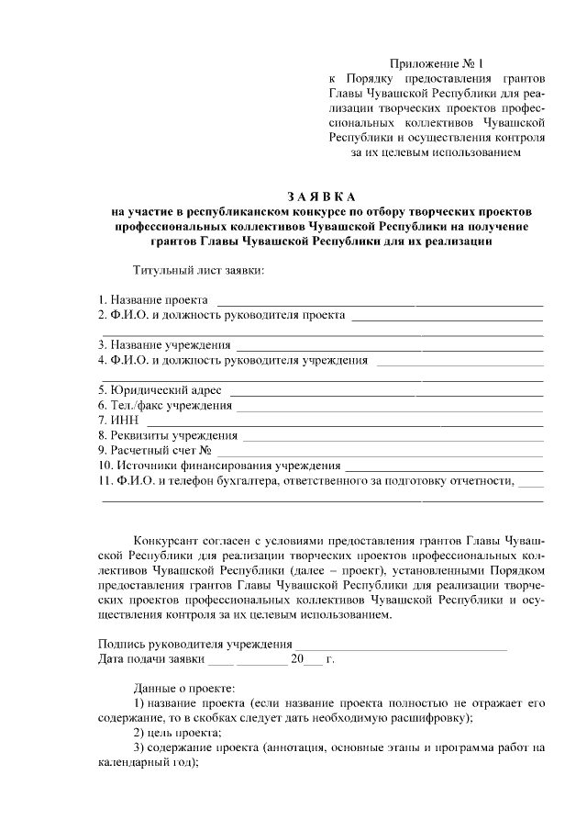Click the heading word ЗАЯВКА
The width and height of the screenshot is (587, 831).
(x=319, y=197)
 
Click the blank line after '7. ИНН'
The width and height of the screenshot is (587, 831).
(x=339, y=421)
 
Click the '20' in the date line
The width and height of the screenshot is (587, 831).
(x=296, y=659)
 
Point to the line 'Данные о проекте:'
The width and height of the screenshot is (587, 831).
(x=183, y=687)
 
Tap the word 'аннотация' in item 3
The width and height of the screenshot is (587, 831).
(x=296, y=747)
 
